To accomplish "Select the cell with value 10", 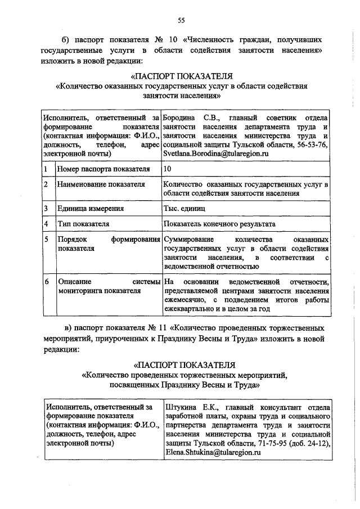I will (x=167, y=168).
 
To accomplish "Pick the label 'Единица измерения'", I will (x=91, y=209).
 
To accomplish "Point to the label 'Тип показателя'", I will (x=83, y=224).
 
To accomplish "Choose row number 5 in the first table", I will (x=46, y=240).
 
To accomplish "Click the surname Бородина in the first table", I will (x=178, y=118).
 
